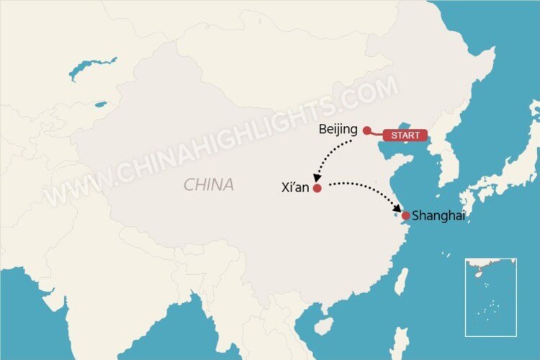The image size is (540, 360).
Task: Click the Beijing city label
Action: click(338, 130)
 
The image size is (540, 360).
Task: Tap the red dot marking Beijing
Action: click(366, 130)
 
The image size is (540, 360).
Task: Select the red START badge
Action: click(405, 135)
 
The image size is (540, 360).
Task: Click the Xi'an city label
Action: click(295, 188)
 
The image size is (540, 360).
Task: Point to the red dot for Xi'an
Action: click(317, 188)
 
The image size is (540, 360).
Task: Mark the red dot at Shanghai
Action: click(406, 215)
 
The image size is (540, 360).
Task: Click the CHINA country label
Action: click(209, 185)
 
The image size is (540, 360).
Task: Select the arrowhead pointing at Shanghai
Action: click(397, 210)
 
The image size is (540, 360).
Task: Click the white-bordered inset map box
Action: click(490, 297)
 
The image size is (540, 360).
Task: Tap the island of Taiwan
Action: click(401, 282)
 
